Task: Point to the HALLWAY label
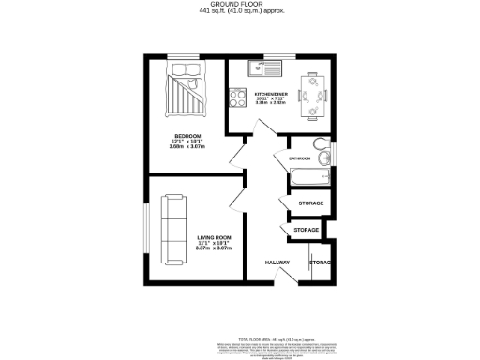click(x=277, y=262)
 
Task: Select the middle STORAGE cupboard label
click(x=307, y=230)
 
